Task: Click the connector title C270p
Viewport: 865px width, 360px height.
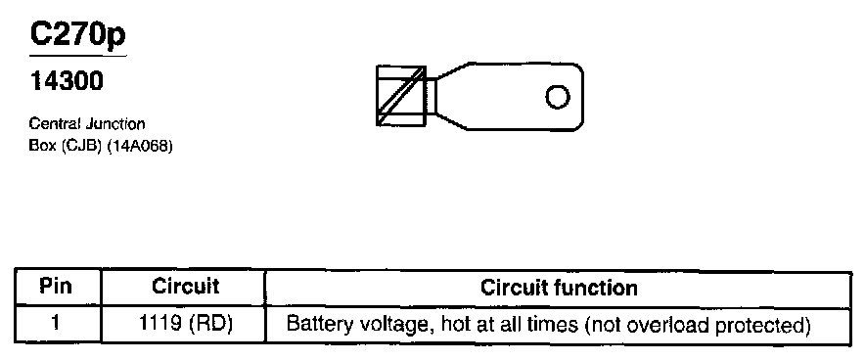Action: pyautogui.click(x=77, y=35)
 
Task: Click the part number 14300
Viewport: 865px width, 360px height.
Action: pyautogui.click(x=67, y=81)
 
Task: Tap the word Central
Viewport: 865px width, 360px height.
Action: pyautogui.click(x=55, y=123)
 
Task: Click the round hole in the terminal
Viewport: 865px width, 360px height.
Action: pyautogui.click(x=558, y=98)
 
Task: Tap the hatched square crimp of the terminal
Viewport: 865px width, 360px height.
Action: pyautogui.click(x=401, y=96)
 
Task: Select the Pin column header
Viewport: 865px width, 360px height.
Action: pyautogui.click(x=57, y=287)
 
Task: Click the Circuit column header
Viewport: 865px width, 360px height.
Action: pyautogui.click(x=185, y=287)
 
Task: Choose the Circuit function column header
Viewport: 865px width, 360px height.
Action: pyautogui.click(x=559, y=288)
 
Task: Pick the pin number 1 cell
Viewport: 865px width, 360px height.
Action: pyautogui.click(x=56, y=323)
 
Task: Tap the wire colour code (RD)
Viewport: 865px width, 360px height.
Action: pyautogui.click(x=209, y=324)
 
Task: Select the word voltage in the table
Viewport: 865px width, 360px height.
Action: pyautogui.click(x=392, y=325)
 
